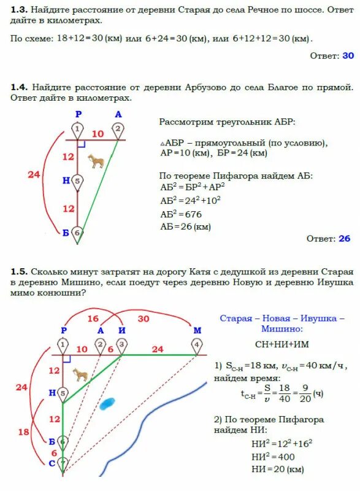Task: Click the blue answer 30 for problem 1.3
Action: tap(348, 55)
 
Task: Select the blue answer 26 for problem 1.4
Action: tap(345, 238)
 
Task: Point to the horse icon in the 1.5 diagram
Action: tap(80, 374)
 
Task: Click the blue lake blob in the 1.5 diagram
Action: tap(108, 403)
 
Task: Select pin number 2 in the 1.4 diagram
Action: tap(117, 129)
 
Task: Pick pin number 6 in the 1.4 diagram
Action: tap(77, 233)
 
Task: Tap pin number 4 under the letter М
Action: tap(196, 345)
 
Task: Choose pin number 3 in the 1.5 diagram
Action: tap(122, 345)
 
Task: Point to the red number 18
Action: tap(24, 432)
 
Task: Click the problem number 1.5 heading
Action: tap(19, 271)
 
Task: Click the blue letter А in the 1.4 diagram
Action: tap(118, 114)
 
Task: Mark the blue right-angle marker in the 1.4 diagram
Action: tap(81, 144)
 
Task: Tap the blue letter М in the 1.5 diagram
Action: tap(197, 330)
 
